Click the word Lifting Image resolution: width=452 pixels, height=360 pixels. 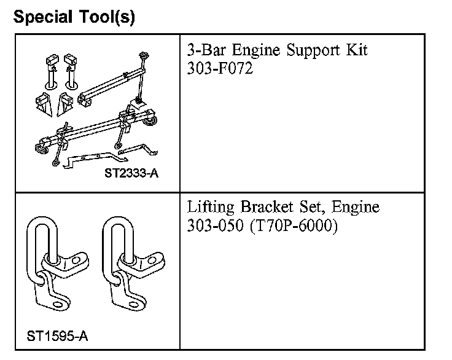[x=209, y=208]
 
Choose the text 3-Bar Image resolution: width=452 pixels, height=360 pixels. [x=206, y=50]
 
